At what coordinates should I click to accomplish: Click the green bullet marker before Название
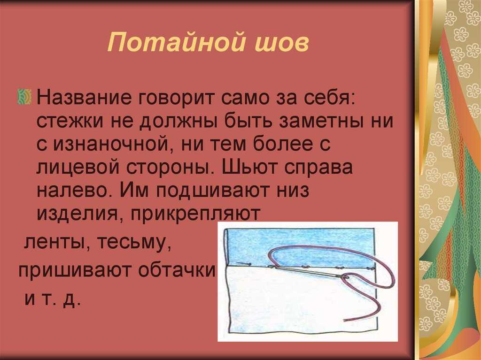point(24,97)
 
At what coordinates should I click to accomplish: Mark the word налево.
point(74,190)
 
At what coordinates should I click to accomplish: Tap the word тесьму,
point(133,243)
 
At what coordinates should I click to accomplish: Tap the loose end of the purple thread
point(345,321)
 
